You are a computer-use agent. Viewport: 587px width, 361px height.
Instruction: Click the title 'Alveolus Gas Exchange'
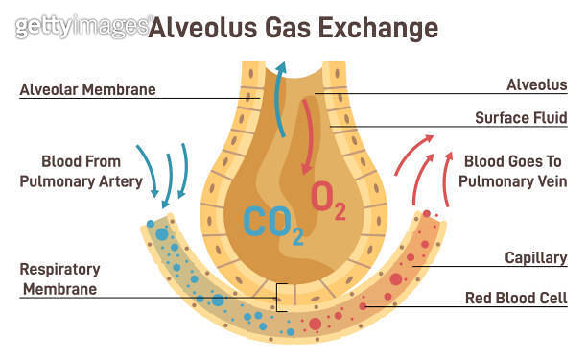coord(293,28)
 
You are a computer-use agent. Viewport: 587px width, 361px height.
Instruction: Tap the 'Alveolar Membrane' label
coord(87,91)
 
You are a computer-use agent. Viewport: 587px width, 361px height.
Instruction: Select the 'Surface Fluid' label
coord(521,118)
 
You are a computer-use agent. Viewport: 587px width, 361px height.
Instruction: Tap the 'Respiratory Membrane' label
coord(60,278)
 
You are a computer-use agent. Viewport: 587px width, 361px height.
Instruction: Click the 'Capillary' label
coord(535,258)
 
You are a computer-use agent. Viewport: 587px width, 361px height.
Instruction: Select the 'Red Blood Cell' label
coord(516,299)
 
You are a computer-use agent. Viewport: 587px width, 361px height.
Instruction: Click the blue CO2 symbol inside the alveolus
coord(272,223)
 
